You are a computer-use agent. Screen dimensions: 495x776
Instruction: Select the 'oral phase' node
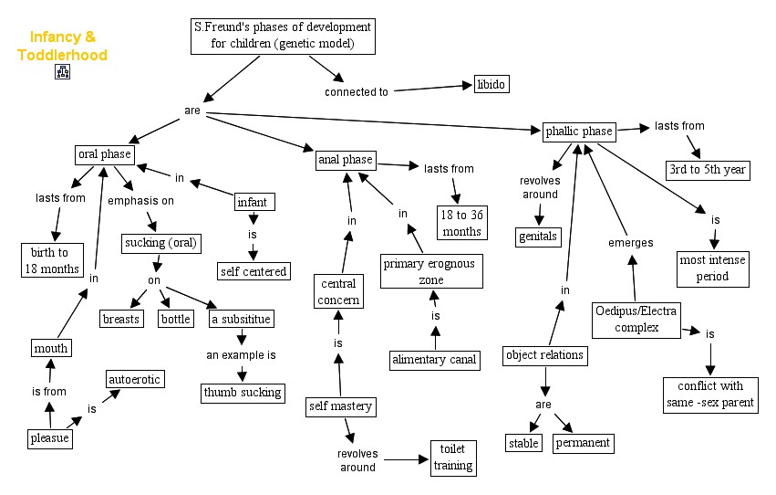(x=105, y=154)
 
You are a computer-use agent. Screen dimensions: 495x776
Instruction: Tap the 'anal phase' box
(x=345, y=160)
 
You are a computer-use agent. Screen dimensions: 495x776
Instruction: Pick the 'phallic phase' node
(x=579, y=132)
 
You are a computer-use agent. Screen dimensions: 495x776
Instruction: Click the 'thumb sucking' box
(x=243, y=393)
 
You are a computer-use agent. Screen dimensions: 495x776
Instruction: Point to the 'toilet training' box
(x=453, y=458)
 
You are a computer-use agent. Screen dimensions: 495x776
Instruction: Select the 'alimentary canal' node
(x=434, y=360)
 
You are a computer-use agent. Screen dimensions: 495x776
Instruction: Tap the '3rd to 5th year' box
(x=709, y=170)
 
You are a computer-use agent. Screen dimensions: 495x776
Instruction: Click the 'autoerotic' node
(x=135, y=378)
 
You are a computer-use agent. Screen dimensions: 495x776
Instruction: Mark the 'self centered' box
(x=253, y=270)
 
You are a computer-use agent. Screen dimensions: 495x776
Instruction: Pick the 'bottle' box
(x=175, y=319)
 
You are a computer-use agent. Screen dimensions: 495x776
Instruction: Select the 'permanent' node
(x=583, y=444)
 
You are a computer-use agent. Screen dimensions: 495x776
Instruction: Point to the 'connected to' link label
(x=357, y=92)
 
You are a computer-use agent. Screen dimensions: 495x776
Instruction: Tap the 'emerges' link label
(x=631, y=243)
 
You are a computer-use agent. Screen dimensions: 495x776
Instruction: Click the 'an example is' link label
(x=241, y=354)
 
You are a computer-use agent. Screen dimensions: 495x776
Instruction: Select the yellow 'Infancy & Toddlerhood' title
(x=62, y=47)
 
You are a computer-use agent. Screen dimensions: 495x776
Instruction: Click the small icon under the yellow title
(x=63, y=72)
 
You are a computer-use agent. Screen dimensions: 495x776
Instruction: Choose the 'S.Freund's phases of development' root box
(x=284, y=36)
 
